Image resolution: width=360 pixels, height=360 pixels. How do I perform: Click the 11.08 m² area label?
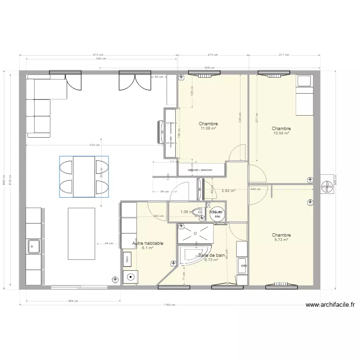[x=208, y=129]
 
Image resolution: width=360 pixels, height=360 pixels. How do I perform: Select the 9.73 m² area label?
[x=281, y=240]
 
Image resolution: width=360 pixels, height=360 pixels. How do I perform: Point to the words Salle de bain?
[x=212, y=255]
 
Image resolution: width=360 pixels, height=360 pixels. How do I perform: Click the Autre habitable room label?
[x=147, y=243]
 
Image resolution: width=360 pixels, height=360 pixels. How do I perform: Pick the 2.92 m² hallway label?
[x=228, y=191]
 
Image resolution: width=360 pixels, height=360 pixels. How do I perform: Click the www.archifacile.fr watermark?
[x=330, y=304]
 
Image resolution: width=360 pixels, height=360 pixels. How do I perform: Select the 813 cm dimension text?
[x=98, y=55]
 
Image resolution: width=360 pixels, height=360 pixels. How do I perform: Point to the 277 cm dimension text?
[x=284, y=55]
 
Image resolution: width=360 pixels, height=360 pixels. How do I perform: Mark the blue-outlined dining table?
[x=84, y=176]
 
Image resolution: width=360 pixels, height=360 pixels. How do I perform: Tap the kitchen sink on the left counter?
[x=34, y=247]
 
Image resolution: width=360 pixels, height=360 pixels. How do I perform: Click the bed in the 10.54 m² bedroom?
[x=304, y=96]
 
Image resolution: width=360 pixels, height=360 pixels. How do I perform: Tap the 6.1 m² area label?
[x=147, y=248]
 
